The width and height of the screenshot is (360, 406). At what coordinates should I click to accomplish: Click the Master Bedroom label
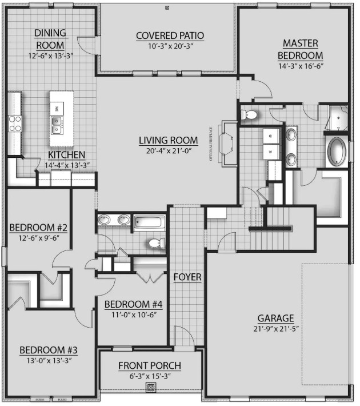pos(300,49)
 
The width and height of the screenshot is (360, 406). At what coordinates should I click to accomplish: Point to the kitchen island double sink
pos(57,125)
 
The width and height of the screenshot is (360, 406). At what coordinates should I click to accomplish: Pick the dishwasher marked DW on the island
pos(57,108)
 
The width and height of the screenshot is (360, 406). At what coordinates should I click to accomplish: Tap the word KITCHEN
pos(66,155)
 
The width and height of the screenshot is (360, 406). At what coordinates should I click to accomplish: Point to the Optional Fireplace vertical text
pos(211,143)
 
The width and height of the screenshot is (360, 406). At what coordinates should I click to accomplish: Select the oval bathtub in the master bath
pos(337,152)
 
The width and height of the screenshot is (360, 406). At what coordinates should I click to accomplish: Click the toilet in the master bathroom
pos(250,115)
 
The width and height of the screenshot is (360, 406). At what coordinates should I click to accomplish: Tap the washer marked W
pos(269,152)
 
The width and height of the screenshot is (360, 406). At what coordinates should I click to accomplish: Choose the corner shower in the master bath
pos(338,119)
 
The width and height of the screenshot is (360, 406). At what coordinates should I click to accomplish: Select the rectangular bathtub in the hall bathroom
pos(149,221)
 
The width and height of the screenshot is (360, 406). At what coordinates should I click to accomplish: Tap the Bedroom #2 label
pos(38,228)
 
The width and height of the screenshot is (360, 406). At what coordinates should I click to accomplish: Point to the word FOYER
pos(187,277)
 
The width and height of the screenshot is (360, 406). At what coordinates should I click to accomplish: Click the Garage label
pos(275,318)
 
